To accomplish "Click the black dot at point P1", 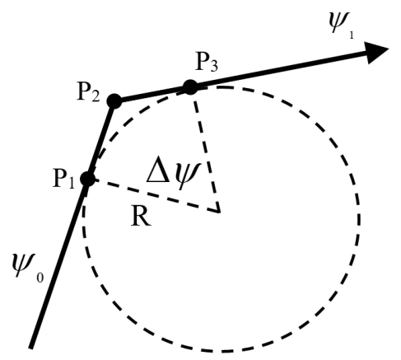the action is point(88,179).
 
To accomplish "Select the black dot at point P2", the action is point(114,101).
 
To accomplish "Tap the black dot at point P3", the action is point(190,87).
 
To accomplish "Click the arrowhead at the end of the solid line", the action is point(377,53).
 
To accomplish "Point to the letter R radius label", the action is point(141,217).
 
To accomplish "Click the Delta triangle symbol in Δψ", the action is point(157,173).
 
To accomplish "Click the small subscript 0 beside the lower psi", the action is point(40,278).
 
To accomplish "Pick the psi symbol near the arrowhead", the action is point(339,22).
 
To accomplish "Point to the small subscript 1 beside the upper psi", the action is point(352,35).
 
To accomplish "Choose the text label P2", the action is point(89,92).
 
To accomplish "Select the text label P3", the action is point(207,62).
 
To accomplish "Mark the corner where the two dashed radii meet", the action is point(219,212).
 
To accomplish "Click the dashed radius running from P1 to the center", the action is point(154,195).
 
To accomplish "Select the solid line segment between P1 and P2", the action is point(101,140).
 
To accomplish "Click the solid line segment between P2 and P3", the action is point(152,94).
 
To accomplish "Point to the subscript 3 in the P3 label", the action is point(214,66).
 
